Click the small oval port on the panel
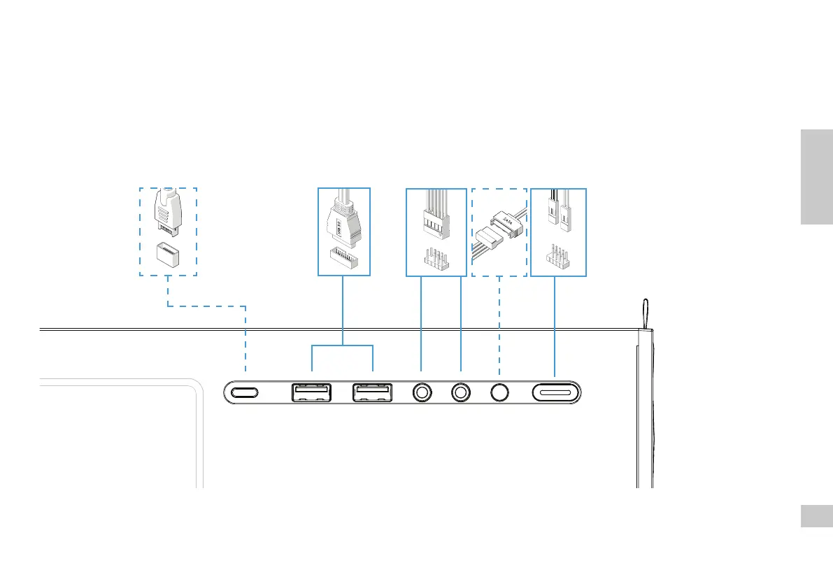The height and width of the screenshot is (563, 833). (x=244, y=392)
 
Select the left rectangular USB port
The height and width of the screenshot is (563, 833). (x=311, y=392)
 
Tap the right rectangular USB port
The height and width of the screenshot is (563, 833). (x=371, y=392)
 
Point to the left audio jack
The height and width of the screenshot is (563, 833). (x=421, y=392)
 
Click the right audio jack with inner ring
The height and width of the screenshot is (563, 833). (x=461, y=392)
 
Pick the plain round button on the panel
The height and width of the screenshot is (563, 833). (x=499, y=392)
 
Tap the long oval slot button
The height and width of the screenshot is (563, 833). (x=556, y=393)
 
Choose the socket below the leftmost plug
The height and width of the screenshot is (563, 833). (x=168, y=253)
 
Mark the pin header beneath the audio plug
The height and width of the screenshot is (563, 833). (x=436, y=258)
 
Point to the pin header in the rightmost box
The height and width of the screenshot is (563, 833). (x=557, y=257)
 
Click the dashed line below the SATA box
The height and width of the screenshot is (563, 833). (x=499, y=322)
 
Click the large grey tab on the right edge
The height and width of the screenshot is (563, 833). (x=816, y=176)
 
